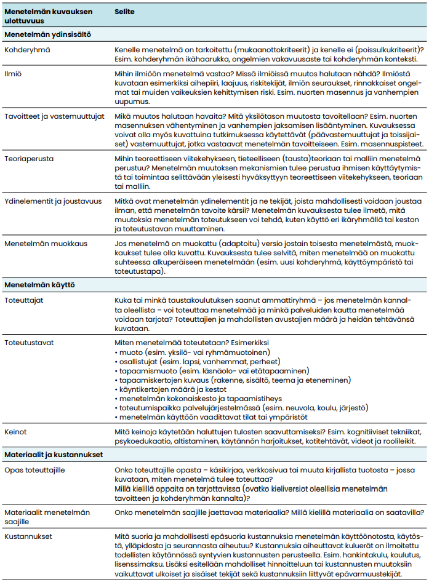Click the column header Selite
click(x=125, y=12)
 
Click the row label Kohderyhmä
click(x=28, y=49)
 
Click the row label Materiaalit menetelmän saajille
click(x=47, y=516)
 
